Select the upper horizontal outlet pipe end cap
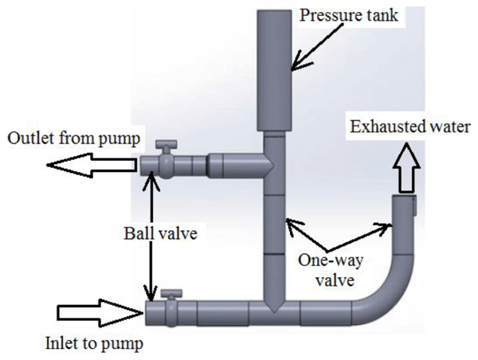click(148, 166)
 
